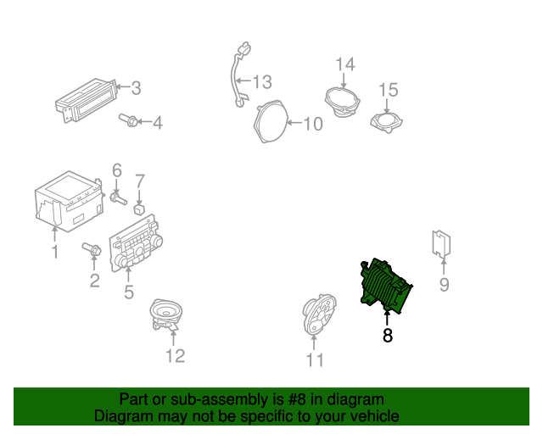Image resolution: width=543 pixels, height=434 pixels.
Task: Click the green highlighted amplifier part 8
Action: tap(385, 287)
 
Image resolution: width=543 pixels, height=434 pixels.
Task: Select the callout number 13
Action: tap(262, 82)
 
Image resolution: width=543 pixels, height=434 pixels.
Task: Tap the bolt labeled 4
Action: tap(128, 120)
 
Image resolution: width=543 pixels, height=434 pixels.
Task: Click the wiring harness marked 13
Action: tap(239, 75)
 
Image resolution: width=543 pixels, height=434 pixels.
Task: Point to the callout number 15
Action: tap(389, 90)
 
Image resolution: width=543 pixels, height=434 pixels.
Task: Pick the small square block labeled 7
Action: tap(139, 209)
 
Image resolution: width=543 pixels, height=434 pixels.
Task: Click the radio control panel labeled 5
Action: tap(136, 243)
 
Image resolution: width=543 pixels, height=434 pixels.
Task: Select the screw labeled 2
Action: tap(92, 249)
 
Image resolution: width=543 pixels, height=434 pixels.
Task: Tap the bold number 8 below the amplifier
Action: tap(388, 335)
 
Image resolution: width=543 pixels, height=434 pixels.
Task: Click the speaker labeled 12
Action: tap(166, 314)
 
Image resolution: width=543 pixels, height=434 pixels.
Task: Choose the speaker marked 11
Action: tap(319, 314)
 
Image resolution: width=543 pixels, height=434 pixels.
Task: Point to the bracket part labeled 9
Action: tap(441, 244)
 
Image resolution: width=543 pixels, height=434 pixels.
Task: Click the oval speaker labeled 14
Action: tap(343, 102)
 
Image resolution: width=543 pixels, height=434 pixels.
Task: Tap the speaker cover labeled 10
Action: tap(271, 121)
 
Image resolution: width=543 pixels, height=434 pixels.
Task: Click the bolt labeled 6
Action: tap(118, 198)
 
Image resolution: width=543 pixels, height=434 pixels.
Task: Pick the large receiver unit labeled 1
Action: tap(70, 201)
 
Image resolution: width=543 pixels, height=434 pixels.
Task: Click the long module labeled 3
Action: tap(86, 100)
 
